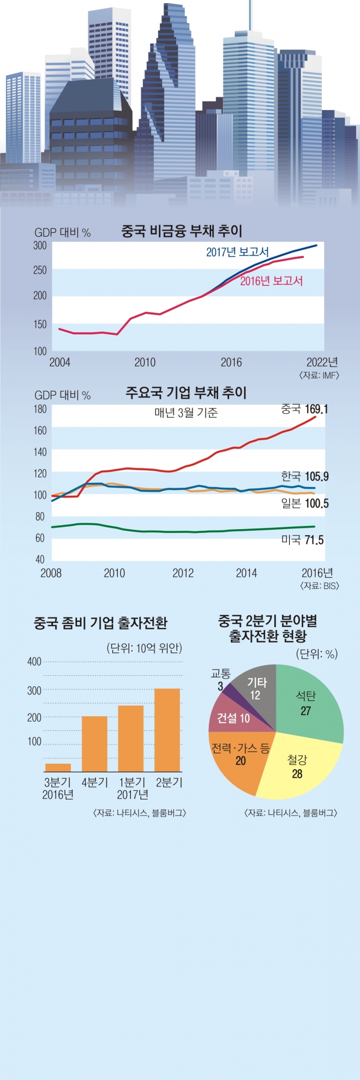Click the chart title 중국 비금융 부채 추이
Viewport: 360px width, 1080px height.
[x=181, y=231]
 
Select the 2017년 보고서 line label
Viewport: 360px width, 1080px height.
[x=237, y=253]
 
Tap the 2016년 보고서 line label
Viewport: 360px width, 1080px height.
[x=271, y=281]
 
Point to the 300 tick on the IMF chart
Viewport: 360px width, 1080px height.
[x=40, y=245]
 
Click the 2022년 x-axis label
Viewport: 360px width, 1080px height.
[x=322, y=362]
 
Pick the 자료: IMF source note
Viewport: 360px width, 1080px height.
[x=319, y=375]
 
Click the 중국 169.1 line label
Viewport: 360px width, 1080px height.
[x=304, y=409]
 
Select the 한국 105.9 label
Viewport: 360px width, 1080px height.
[x=305, y=477]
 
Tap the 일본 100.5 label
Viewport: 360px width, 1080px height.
[x=305, y=503]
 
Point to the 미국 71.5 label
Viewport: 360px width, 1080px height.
[x=302, y=540]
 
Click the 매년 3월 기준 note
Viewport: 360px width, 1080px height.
[x=186, y=413]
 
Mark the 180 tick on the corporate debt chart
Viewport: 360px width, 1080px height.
[x=40, y=409]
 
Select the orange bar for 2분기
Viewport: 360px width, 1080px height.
[x=167, y=730]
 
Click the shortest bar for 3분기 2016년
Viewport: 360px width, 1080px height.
[x=58, y=767]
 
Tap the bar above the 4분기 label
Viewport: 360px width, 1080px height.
[x=94, y=743]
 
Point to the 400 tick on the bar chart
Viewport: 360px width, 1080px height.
[x=34, y=662]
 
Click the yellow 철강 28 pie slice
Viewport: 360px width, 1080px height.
[x=297, y=766]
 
